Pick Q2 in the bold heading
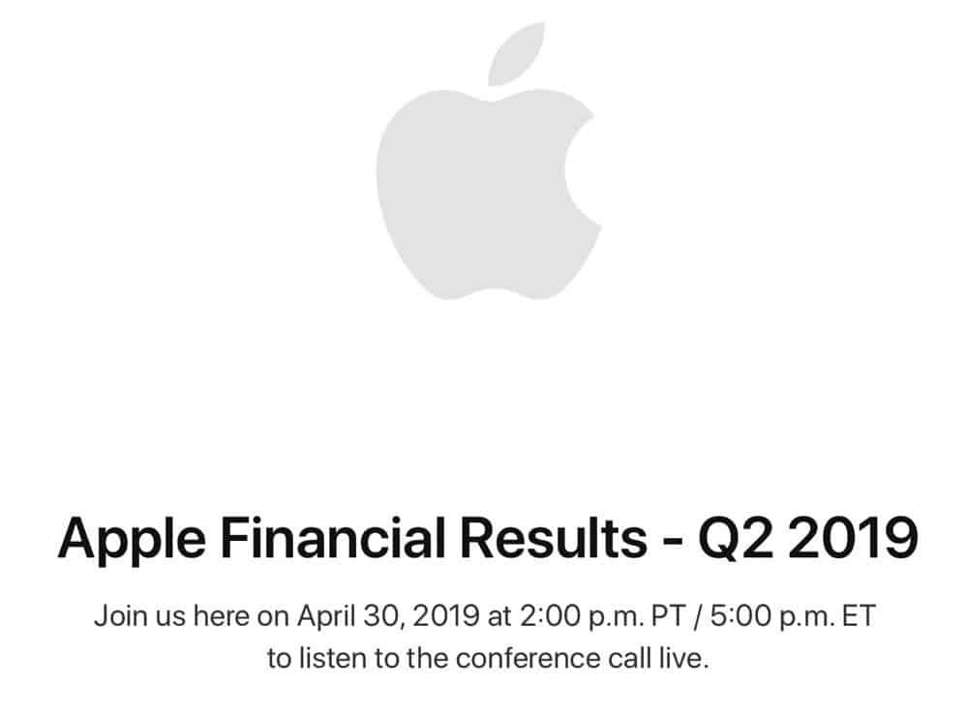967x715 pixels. pos(735,538)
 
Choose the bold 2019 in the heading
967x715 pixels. pos(852,538)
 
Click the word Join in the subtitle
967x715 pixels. pos(120,615)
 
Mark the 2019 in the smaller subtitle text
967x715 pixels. pos(446,615)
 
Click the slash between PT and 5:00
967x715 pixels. pos(698,616)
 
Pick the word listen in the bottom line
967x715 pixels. pos(332,658)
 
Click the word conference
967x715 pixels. pos(529,658)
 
